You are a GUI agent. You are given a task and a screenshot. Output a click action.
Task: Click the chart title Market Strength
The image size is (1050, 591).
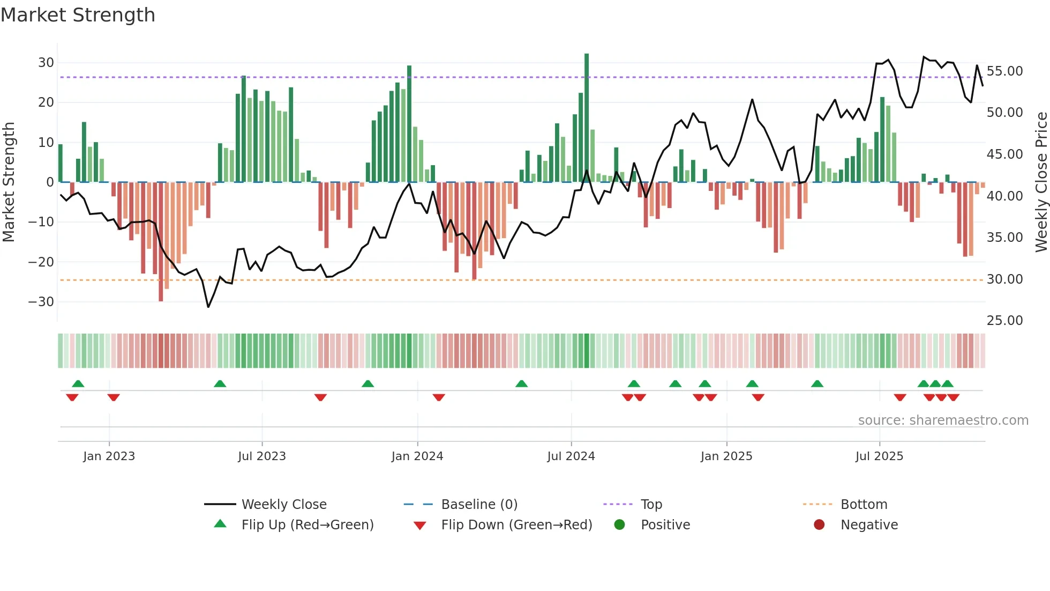78,15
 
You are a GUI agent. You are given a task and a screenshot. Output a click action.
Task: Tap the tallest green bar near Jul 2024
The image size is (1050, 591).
587,118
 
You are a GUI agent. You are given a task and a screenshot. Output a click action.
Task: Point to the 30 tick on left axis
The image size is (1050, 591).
46,63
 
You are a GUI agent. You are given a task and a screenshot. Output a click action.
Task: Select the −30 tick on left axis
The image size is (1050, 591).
42,302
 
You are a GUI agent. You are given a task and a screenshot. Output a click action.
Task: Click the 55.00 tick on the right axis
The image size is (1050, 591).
1004,71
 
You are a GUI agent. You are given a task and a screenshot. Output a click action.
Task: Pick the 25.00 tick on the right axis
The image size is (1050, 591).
1004,321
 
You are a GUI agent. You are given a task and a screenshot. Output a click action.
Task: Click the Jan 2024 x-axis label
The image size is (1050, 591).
417,456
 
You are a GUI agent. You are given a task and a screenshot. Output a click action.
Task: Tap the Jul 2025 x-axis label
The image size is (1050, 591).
879,456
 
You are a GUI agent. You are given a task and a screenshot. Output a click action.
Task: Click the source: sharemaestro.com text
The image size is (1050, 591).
943,420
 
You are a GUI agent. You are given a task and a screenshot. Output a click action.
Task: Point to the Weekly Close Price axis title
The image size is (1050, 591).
1041,182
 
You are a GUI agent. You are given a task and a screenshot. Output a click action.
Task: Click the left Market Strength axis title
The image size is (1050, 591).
9,182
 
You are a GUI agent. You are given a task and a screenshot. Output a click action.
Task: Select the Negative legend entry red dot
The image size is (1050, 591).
819,524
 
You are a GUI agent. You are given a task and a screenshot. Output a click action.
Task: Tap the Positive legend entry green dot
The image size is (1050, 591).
619,524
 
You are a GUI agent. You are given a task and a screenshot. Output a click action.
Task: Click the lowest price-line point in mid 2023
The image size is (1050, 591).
208,307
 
